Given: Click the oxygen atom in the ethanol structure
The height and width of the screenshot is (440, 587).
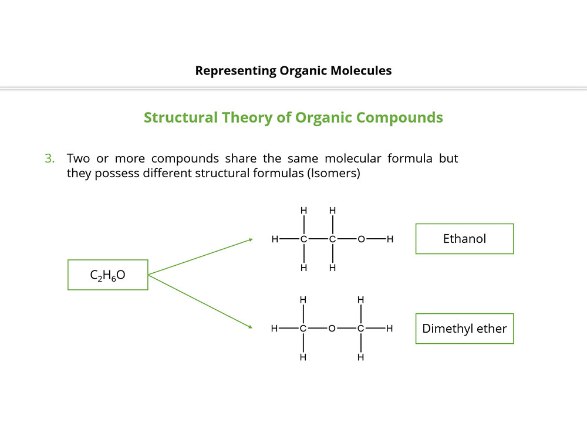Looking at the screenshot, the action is [361, 239].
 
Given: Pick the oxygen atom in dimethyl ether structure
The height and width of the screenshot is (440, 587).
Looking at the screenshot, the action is [332, 329].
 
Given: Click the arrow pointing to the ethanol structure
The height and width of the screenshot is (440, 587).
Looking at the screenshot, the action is [201, 257].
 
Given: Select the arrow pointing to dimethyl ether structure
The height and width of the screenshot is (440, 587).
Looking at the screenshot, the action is [201, 302].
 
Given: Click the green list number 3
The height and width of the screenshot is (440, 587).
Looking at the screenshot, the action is [49, 158].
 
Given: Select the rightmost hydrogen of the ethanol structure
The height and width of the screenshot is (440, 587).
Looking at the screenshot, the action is [390, 239].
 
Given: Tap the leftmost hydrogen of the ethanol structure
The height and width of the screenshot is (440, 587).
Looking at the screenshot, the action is [275, 239].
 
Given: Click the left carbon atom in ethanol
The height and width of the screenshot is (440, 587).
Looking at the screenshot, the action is [303, 239].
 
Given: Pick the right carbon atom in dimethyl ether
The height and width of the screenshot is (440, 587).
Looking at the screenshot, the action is [360, 329].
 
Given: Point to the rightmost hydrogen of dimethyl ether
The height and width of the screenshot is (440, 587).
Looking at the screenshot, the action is [389, 329].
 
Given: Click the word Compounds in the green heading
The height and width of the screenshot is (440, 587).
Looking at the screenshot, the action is [400, 117].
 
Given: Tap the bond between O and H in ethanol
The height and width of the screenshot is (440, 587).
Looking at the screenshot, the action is [376, 239].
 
